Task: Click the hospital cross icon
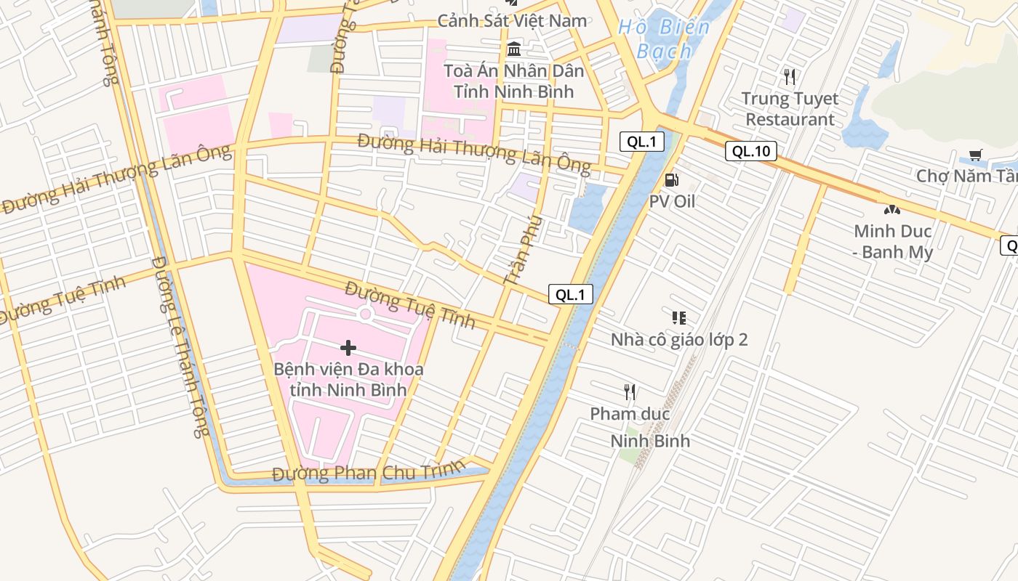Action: [x=348, y=348]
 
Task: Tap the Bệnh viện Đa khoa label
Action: [x=348, y=379]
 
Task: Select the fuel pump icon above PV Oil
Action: [x=672, y=180]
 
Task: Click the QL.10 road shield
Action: [x=751, y=151]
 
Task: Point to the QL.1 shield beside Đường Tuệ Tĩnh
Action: [x=570, y=294]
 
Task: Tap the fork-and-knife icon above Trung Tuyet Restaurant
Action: [x=790, y=76]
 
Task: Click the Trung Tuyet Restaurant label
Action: [x=790, y=109]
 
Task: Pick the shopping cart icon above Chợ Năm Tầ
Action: [x=975, y=155]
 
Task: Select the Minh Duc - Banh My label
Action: [x=892, y=242]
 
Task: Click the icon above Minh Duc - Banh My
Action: [x=891, y=210]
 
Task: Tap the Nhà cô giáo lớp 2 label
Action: [x=679, y=340]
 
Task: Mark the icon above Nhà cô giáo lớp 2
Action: [x=678, y=317]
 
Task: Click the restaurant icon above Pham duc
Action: [x=630, y=392]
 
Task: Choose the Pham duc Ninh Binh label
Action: [x=640, y=427]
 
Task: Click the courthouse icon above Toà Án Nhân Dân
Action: [x=514, y=49]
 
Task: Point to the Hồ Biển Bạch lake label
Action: [x=663, y=39]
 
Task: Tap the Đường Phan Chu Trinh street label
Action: [x=367, y=472]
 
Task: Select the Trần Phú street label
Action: [x=523, y=249]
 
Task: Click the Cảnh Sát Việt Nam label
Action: [x=512, y=20]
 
